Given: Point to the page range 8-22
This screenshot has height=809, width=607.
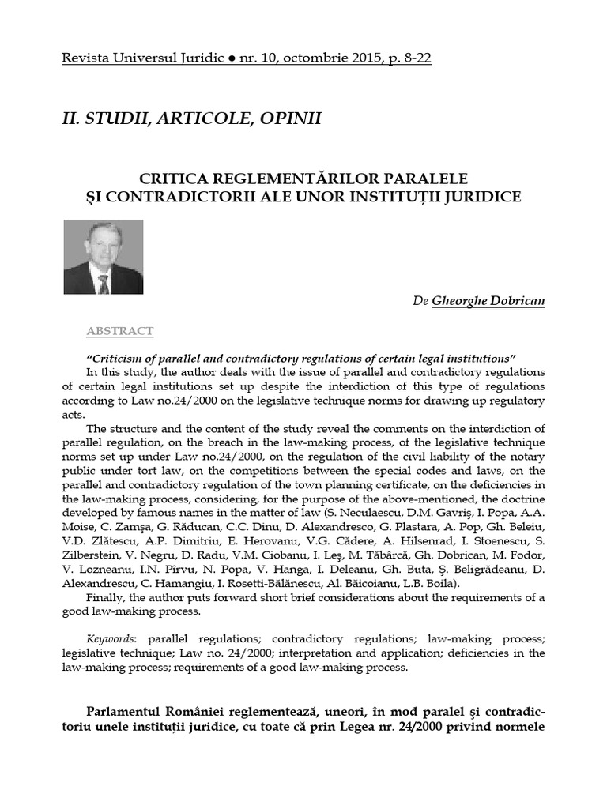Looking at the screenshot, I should pyautogui.click(x=414, y=59).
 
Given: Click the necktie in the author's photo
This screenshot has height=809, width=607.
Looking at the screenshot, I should pyautogui.click(x=103, y=283).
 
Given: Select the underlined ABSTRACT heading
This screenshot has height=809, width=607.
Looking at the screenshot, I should pyautogui.click(x=119, y=331).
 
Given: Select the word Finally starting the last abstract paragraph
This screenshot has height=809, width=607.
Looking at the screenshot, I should pyautogui.click(x=106, y=598).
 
